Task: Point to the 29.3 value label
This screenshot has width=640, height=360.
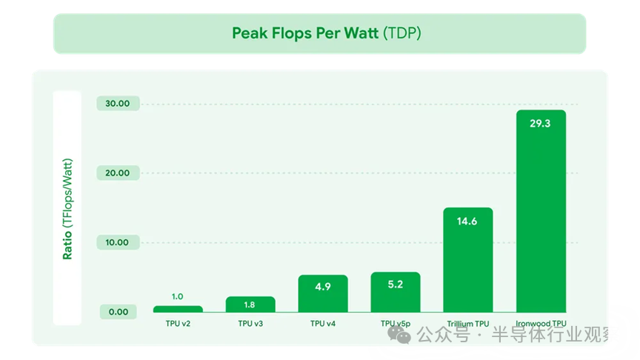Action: point(541,124)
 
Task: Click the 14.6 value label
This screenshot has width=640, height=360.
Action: point(468,221)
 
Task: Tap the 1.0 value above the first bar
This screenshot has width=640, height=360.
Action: point(178,297)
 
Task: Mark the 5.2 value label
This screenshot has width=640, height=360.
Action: point(396,284)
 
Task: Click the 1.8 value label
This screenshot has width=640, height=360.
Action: point(250,304)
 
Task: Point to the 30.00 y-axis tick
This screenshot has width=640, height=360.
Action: point(118,104)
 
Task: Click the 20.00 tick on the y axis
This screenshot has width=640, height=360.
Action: point(118,173)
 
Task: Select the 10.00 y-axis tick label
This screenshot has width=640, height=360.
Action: point(118,243)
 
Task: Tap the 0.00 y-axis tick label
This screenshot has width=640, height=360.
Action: point(118,312)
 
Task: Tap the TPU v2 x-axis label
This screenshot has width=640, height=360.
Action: point(178,324)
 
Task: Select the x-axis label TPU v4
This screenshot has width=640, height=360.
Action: point(323,324)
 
